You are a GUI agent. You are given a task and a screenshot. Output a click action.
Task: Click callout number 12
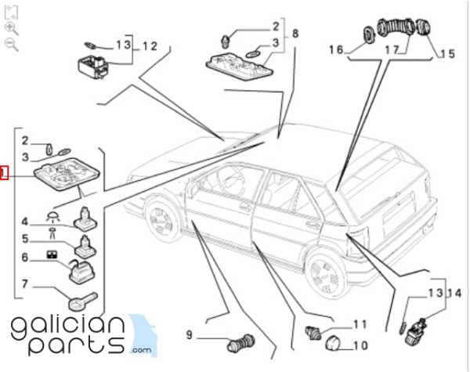click(x=149, y=45)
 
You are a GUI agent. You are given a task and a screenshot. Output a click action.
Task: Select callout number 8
click(x=295, y=34)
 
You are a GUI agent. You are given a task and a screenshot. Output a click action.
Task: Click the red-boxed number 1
click(x=4, y=173)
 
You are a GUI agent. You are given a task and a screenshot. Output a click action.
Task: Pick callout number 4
click(x=24, y=221)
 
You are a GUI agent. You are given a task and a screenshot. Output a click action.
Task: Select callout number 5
click(x=24, y=239)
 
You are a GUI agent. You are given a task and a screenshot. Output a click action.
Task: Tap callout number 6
click(x=24, y=257)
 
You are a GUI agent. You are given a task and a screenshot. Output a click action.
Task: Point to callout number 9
click(x=190, y=338)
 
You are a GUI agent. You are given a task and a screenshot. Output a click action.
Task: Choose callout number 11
click(x=360, y=323)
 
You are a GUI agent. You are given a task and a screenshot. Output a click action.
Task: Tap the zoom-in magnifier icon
click(x=11, y=27)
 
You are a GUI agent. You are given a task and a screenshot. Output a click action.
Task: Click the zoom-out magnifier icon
click(x=11, y=44)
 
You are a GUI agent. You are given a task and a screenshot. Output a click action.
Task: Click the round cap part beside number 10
click(x=332, y=344)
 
